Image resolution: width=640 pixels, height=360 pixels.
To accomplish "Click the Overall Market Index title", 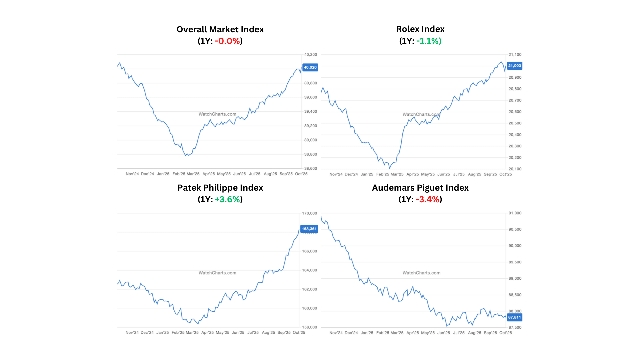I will coord(220,29).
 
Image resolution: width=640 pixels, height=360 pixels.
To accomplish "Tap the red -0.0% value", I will coord(227,41).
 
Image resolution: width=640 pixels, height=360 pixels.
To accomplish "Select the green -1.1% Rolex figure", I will coord(429,41).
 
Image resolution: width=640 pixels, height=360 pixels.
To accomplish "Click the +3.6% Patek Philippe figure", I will coord(227,199).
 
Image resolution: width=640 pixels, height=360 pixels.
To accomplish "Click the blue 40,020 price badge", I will coord(310,67).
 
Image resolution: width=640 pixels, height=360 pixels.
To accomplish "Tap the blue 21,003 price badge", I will coord(514,66).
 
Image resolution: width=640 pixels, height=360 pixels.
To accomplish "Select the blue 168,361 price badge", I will coord(309,229).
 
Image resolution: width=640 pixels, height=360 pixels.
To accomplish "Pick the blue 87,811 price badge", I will coord(514,317).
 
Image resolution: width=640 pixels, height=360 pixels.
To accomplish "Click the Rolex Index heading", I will coord(420,29).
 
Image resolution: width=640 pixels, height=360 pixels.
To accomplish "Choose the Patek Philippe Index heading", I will coord(220,188).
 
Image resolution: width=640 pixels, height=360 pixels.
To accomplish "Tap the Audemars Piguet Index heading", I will coord(420,188).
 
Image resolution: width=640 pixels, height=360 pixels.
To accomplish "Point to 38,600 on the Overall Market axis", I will coord(311,169).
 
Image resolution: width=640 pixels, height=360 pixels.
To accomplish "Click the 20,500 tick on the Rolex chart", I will coord(515,123).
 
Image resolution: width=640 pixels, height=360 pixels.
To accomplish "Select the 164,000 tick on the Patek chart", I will coord(309,270).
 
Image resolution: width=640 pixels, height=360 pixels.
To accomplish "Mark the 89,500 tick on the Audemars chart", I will coord(515,262).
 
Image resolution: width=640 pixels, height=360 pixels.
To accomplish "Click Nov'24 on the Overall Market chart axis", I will coord(132,174).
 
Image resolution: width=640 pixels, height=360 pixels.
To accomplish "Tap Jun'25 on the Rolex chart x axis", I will coord(443,174).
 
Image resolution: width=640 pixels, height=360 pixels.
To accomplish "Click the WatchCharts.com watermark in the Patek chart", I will coord(217,273).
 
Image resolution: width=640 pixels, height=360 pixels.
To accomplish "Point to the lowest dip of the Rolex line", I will coord(389,168).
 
